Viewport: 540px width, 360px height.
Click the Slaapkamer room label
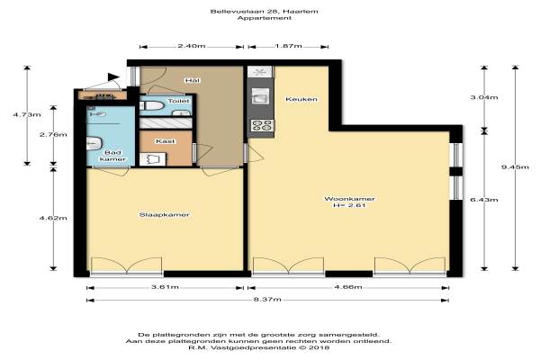[165, 214]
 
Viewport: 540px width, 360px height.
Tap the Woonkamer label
[349, 199]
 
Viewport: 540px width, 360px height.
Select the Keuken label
[301, 99]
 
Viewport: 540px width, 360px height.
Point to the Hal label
[193, 81]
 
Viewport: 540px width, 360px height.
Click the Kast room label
[166, 141]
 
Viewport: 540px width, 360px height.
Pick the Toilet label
[178, 101]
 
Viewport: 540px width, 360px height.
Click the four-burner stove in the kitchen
[261, 125]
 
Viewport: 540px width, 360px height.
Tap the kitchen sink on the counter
[260, 95]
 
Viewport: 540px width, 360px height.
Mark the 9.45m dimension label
[515, 167]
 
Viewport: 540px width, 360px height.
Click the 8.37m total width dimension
[267, 300]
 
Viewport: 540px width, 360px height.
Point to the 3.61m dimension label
[165, 287]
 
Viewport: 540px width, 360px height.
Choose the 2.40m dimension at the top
[192, 46]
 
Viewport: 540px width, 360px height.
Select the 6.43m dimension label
[484, 200]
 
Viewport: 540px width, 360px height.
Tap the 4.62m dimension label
[53, 218]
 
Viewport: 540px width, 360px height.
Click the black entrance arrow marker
[113, 76]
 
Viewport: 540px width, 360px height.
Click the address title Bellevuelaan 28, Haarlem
[265, 12]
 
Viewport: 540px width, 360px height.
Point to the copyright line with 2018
[258, 348]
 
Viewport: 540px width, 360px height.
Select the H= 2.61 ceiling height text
[349, 206]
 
